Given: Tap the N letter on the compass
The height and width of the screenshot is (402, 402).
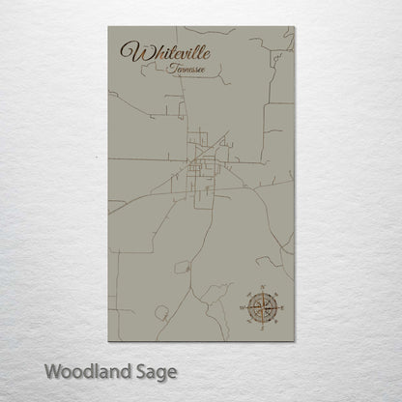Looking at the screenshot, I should [x=260, y=285].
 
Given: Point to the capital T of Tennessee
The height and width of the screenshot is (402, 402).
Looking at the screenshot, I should [x=169, y=70].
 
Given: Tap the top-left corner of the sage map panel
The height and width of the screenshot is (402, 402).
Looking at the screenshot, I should [x=108, y=28].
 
